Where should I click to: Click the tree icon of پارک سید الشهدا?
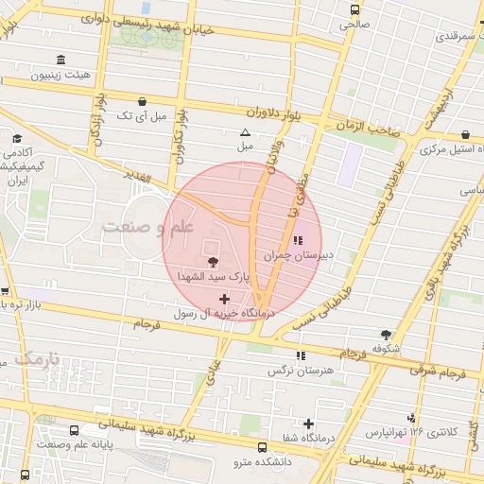(210, 261)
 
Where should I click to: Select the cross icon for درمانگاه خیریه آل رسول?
(223, 299)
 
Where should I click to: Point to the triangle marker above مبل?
(246, 132)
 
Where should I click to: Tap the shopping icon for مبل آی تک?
(142, 100)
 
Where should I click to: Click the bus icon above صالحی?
(354, 10)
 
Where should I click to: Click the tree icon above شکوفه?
(386, 334)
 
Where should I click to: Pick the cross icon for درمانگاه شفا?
(308, 423)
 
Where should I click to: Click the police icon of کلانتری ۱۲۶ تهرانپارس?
(411, 417)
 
